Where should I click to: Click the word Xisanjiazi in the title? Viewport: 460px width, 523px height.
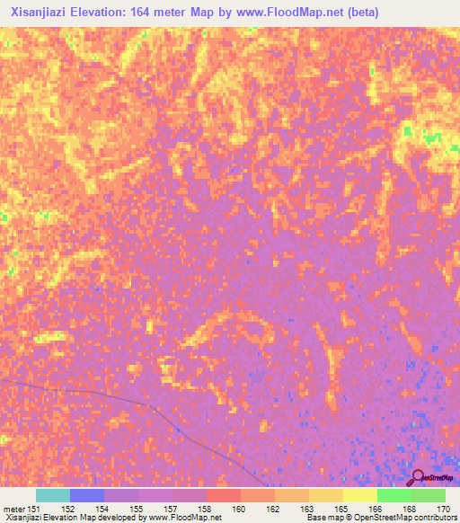pos(39,13)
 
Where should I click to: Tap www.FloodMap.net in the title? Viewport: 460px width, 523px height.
pos(286,13)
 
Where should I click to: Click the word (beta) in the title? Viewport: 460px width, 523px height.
pos(359,13)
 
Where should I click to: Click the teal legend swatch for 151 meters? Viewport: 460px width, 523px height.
pos(52,495)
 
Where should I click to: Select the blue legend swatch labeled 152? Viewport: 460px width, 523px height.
pos(86,495)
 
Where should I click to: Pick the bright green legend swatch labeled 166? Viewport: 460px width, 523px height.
pos(394,495)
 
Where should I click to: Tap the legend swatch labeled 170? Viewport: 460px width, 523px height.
pos(428,495)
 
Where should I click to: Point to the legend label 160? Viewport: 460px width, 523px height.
pos(238,509)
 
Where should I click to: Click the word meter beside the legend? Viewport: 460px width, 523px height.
pos(13,509)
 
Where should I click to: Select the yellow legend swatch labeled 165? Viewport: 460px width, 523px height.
pos(325,495)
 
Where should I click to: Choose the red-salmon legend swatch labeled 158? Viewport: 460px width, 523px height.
pos(223,495)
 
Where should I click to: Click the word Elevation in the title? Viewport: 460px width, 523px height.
pos(104,13)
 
